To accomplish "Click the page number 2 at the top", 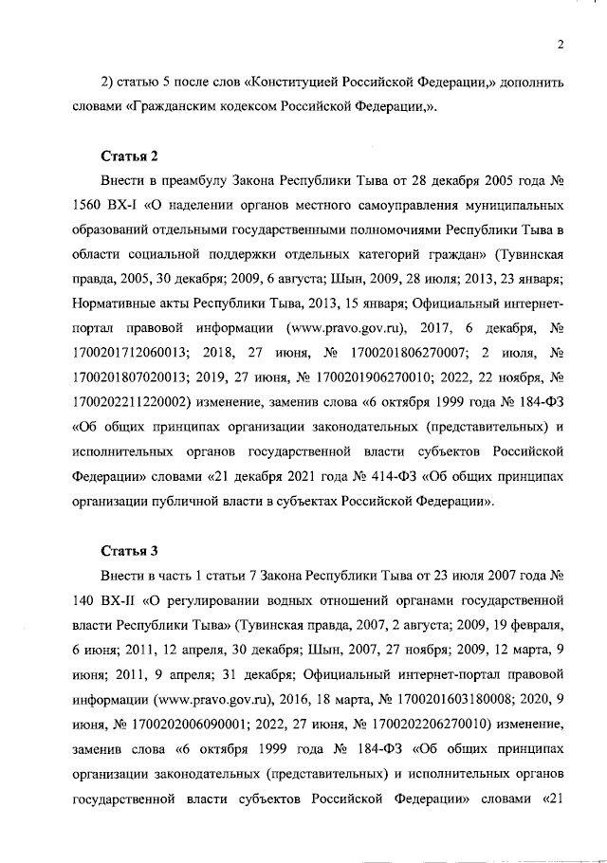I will tap(561, 44).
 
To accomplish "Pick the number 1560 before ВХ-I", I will tap(89, 204).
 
